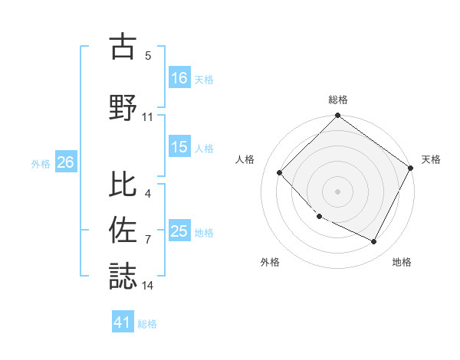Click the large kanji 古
pyautogui.click(x=123, y=47)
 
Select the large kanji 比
pyautogui.click(x=123, y=184)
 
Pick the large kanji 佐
pyautogui.click(x=123, y=230)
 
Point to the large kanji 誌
pyautogui.click(x=123, y=276)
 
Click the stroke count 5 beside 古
pyautogui.click(x=148, y=56)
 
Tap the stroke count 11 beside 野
pyautogui.click(x=148, y=116)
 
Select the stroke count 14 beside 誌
pyautogui.click(x=148, y=286)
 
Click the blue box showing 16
pyautogui.click(x=179, y=77)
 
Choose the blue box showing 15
pyautogui.click(x=179, y=147)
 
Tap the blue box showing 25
pyautogui.click(x=179, y=231)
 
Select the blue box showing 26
pyautogui.click(x=65, y=162)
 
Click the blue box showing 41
pyautogui.click(x=123, y=322)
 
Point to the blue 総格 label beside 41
pyautogui.click(x=147, y=323)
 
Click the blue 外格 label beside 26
pyautogui.click(x=41, y=163)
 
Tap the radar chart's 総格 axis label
pyautogui.click(x=337, y=100)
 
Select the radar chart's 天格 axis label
pyautogui.click(x=431, y=159)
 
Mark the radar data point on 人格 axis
pyautogui.click(x=280, y=172)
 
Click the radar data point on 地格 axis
pyautogui.click(x=374, y=242)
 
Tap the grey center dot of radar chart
pyautogui.click(x=337, y=191)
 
